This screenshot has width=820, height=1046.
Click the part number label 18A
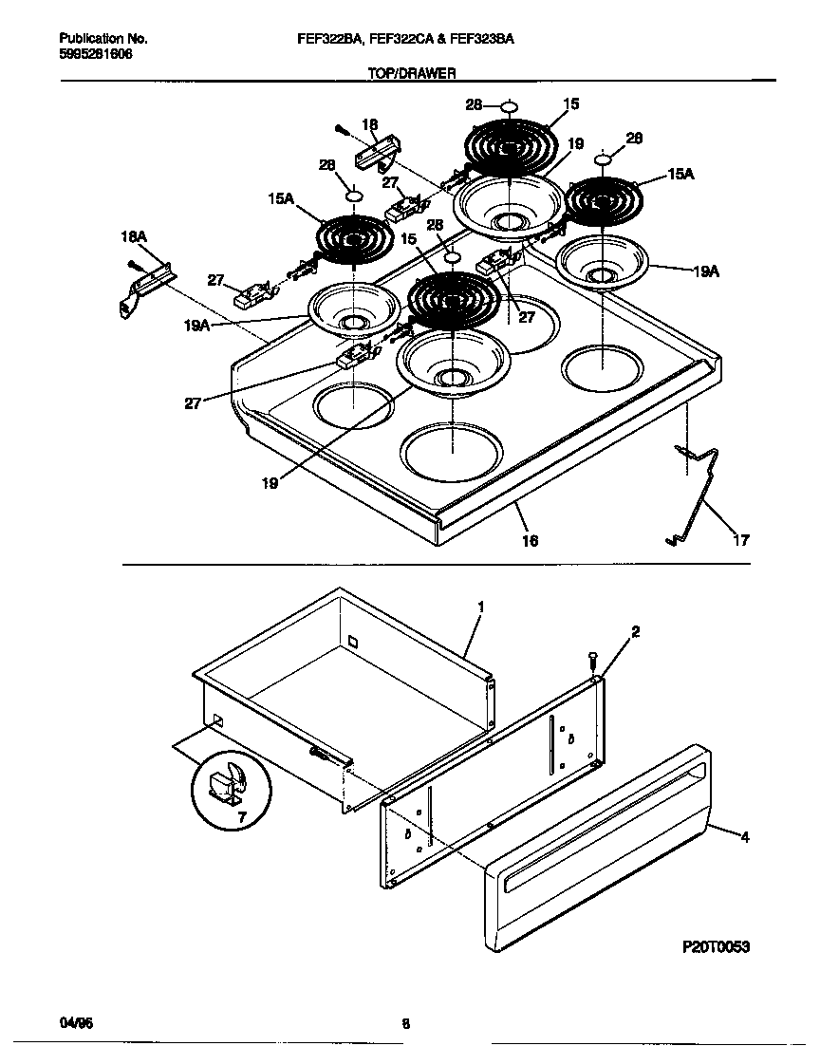(134, 236)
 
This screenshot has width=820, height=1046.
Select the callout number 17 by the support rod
(740, 540)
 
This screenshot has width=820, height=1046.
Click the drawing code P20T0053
(717, 946)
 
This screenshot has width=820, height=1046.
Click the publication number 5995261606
(96, 54)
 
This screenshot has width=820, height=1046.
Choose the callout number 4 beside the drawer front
(744, 837)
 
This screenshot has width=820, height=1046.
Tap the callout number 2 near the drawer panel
(635, 631)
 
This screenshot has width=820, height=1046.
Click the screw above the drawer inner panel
(592, 657)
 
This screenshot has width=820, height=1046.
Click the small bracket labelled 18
(378, 151)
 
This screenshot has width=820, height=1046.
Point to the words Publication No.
(102, 39)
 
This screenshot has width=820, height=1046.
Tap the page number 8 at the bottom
(405, 1023)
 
